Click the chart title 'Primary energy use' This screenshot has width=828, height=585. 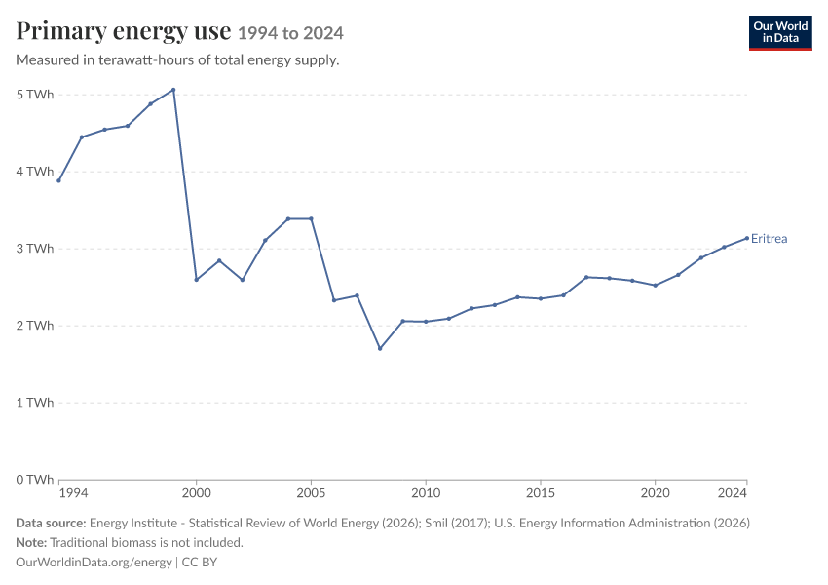[124, 31]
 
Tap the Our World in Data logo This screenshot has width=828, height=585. [780, 33]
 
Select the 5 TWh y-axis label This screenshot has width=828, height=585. [35, 95]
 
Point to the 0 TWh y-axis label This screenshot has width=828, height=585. [35, 480]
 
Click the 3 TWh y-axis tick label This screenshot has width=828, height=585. [35, 249]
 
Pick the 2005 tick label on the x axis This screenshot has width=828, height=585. [311, 493]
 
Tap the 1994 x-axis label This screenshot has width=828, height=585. [73, 493]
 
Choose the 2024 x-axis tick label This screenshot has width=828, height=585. [733, 493]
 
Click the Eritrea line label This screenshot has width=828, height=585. [769, 238]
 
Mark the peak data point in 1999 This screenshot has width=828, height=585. [173, 90]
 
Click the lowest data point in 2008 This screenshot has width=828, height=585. [380, 349]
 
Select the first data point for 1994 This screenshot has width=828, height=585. [58, 180]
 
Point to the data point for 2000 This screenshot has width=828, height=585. [197, 280]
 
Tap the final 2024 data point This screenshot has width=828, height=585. [747, 238]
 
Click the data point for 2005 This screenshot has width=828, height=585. [311, 218]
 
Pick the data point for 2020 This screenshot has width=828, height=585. [655, 286]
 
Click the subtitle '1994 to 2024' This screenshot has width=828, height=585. [290, 33]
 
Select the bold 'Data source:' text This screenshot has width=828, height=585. [51, 524]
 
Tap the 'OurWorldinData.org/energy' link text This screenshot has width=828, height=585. [94, 562]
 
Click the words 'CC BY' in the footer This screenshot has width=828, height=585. [200, 562]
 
